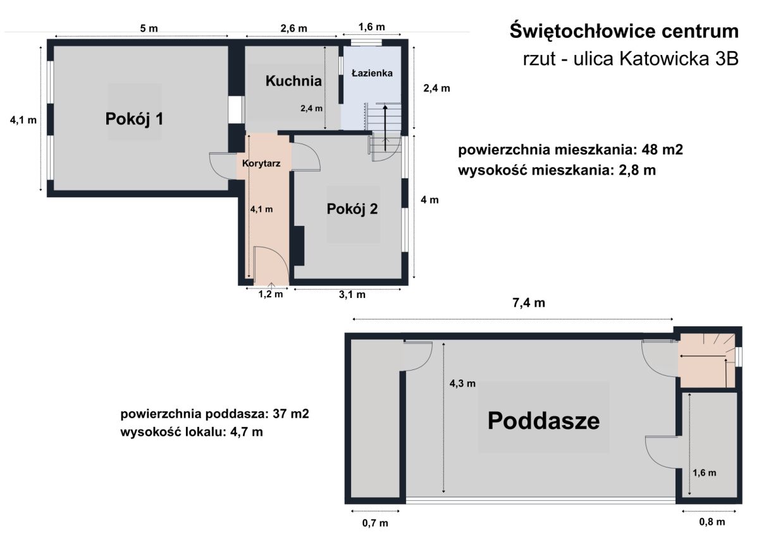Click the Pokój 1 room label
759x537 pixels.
point(134,118)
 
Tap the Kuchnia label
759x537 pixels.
point(293,81)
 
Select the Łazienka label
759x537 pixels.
point(372,73)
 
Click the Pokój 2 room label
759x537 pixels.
point(352,209)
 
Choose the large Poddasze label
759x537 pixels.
point(543,420)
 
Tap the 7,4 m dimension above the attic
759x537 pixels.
point(529,303)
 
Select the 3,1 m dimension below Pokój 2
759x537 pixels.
point(352,294)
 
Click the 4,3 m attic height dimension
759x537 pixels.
point(462,383)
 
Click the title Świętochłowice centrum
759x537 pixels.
point(624,30)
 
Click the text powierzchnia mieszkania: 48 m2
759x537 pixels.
point(571,151)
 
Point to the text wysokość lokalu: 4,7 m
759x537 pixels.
point(191,433)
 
